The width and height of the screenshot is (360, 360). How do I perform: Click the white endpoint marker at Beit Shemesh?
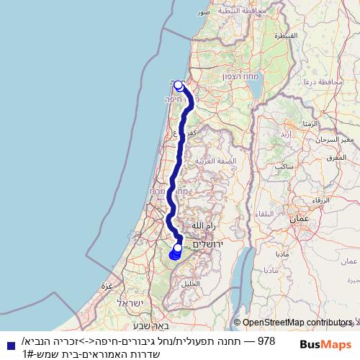[x=178, y=248]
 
